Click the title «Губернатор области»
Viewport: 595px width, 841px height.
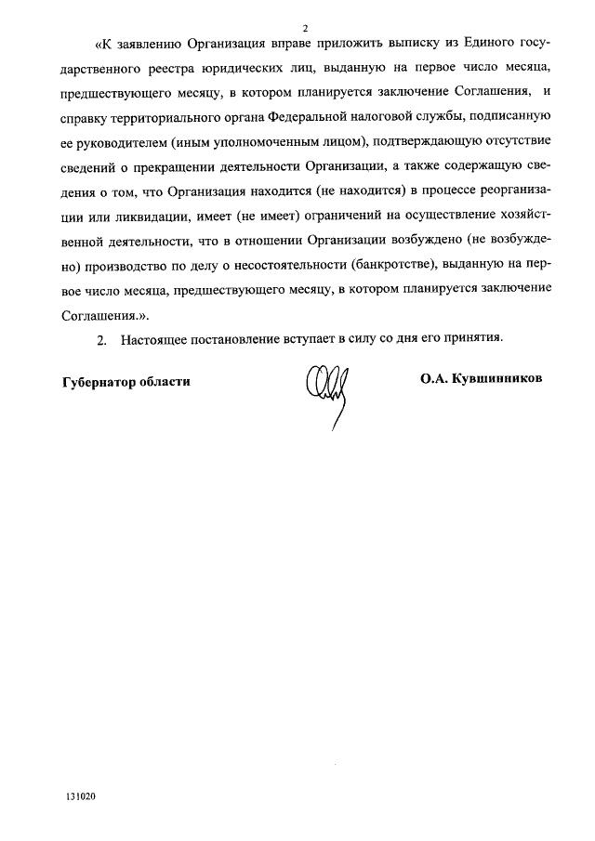126,382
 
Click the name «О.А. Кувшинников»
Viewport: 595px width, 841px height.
481,380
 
